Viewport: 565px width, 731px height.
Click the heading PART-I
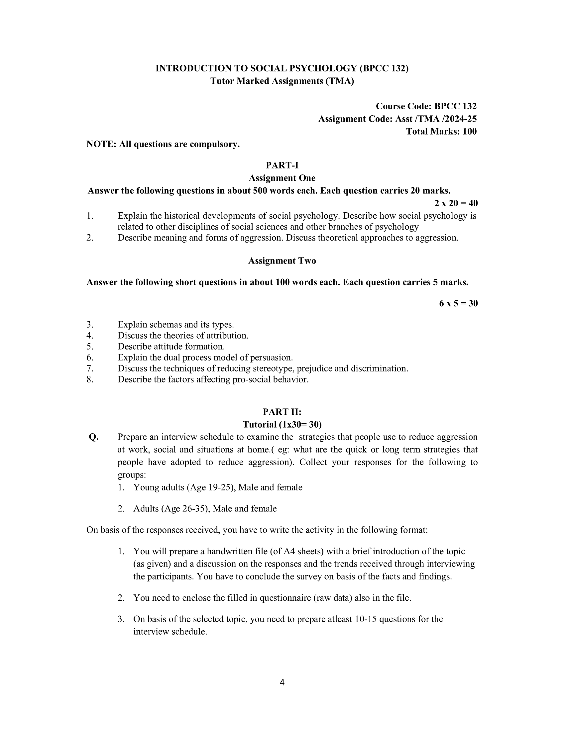(x=282, y=165)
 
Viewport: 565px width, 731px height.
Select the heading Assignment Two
(x=282, y=261)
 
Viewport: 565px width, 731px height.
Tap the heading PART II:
(x=282, y=411)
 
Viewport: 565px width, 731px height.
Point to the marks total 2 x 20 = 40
(x=456, y=203)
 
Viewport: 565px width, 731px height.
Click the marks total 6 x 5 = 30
(x=458, y=303)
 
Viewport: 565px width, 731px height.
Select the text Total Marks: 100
(x=441, y=131)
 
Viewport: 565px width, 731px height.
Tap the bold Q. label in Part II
(x=94, y=437)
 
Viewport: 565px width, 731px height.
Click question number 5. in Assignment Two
(x=90, y=347)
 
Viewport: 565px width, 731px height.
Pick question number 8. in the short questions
(x=90, y=379)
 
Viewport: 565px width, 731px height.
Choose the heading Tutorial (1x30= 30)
(x=282, y=424)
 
